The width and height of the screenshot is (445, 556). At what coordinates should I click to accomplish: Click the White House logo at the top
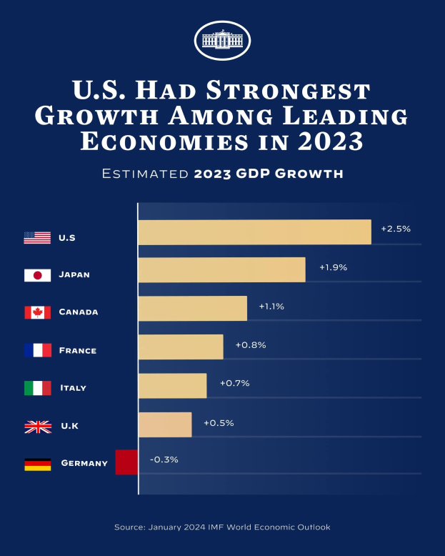(x=222, y=40)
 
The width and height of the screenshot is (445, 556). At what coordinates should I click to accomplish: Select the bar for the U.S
(x=254, y=232)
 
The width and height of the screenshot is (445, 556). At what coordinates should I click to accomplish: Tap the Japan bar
(x=221, y=270)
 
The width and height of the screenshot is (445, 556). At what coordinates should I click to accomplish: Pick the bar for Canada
(x=192, y=308)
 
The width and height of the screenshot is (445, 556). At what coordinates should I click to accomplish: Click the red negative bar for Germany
(x=126, y=462)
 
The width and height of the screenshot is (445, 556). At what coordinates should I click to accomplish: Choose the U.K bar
(x=165, y=425)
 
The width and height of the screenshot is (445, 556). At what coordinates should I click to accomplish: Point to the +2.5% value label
(x=396, y=229)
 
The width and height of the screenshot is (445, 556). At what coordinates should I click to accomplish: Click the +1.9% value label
(x=333, y=267)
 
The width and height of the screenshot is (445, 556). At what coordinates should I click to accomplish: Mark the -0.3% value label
(x=164, y=460)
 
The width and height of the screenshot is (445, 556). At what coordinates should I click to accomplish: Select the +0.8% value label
(x=251, y=345)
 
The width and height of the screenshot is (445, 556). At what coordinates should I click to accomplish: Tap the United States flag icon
(x=37, y=238)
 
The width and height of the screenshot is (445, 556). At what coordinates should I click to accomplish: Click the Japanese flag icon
(x=37, y=275)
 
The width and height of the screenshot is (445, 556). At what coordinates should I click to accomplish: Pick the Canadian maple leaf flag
(x=37, y=312)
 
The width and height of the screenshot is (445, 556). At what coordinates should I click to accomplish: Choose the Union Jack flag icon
(x=37, y=427)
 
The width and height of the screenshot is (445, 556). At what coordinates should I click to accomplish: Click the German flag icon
(x=37, y=464)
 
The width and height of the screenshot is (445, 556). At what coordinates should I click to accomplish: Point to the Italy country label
(x=74, y=388)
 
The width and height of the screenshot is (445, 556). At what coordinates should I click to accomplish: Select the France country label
(x=78, y=351)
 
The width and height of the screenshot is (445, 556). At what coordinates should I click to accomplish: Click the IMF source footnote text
(x=222, y=527)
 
